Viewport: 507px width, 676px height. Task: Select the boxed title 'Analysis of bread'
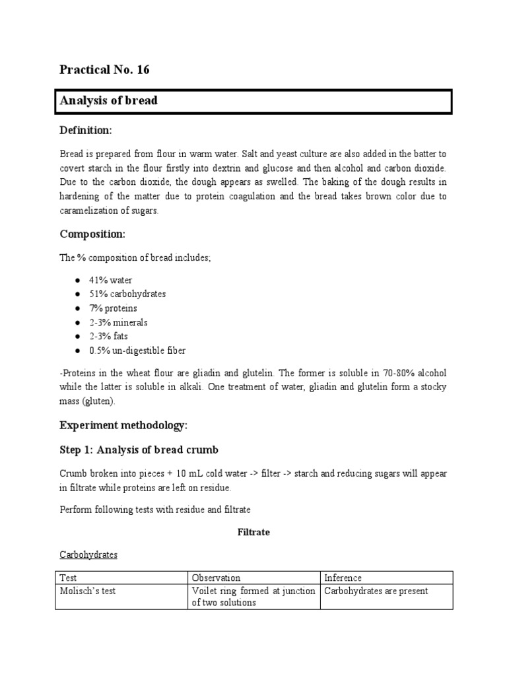tap(109, 101)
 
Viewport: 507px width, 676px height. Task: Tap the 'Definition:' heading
tap(86, 131)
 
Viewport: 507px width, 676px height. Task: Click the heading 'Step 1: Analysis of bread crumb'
tap(139, 450)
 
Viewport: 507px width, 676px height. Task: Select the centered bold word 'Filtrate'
tap(253, 531)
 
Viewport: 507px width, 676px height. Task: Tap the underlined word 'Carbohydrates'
tap(88, 555)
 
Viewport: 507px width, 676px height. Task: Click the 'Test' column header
tap(68, 578)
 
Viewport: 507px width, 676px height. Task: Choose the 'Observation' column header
tap(216, 578)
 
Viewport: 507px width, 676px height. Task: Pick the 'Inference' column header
tap(343, 578)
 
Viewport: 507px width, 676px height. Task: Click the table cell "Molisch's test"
tap(88, 591)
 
